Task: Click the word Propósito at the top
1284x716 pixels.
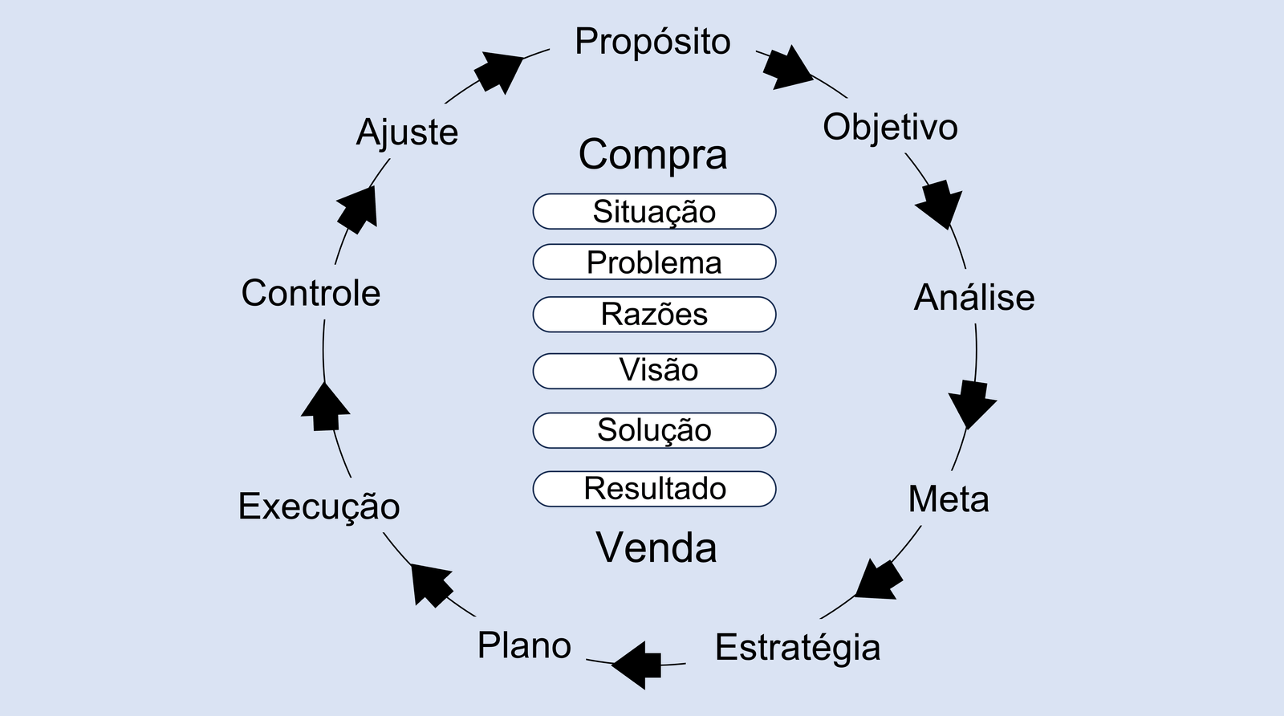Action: [652, 43]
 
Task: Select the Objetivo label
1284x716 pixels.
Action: [890, 128]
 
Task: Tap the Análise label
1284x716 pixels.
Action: [974, 298]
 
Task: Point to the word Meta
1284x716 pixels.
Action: [949, 499]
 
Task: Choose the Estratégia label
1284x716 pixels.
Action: [798, 648]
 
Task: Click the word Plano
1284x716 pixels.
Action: [524, 645]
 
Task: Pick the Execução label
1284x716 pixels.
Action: [319, 507]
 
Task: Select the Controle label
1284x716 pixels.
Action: [311, 293]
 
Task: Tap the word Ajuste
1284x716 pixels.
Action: [407, 132]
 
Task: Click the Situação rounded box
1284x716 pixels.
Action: [654, 212]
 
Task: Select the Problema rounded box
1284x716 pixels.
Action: [654, 262]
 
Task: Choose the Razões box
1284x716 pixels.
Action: [654, 314]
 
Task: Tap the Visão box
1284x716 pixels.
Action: [654, 371]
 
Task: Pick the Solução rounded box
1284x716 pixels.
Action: [654, 430]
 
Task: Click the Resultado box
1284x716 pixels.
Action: [654, 489]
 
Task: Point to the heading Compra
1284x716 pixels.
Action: [652, 155]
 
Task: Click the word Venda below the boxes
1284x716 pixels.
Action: [656, 548]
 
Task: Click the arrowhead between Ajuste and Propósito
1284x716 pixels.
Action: [498, 71]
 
